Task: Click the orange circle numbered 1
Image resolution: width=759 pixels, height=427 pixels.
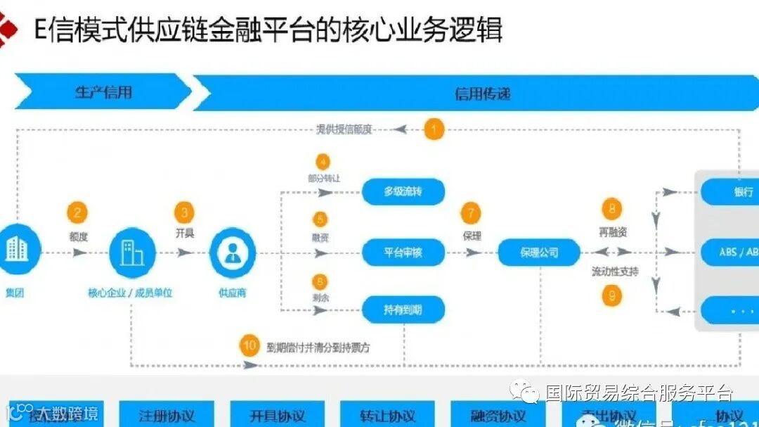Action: [x=434, y=129]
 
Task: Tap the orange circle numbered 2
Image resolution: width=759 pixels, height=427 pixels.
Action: [x=78, y=212]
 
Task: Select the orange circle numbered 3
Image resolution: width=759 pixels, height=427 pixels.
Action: [x=185, y=212]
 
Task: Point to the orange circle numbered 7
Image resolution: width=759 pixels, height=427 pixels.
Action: [x=471, y=212]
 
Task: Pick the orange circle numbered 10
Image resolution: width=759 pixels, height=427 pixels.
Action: [x=249, y=345]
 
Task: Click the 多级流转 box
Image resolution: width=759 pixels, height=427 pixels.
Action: [x=403, y=191]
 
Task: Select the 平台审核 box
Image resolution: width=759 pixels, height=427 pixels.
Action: [x=403, y=252]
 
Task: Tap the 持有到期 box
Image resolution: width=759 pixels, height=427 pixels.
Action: [x=403, y=310]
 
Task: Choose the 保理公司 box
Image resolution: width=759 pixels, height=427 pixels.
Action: [x=539, y=253]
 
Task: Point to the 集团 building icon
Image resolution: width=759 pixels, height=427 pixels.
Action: [x=15, y=250]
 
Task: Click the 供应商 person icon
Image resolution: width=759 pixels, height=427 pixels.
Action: [x=231, y=252]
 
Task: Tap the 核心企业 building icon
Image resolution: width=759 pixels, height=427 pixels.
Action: [x=131, y=252]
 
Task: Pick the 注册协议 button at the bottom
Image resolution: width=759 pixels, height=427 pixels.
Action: [x=167, y=414]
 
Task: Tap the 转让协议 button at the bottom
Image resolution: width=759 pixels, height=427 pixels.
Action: [x=387, y=415]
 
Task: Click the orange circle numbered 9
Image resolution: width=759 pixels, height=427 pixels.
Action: [x=611, y=296]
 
